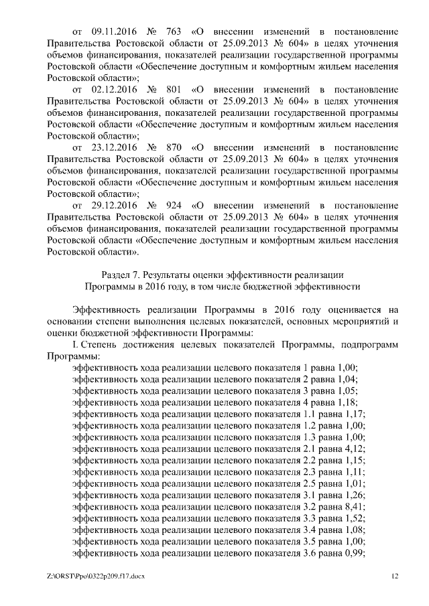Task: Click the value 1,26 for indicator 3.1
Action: (x=354, y=496)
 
